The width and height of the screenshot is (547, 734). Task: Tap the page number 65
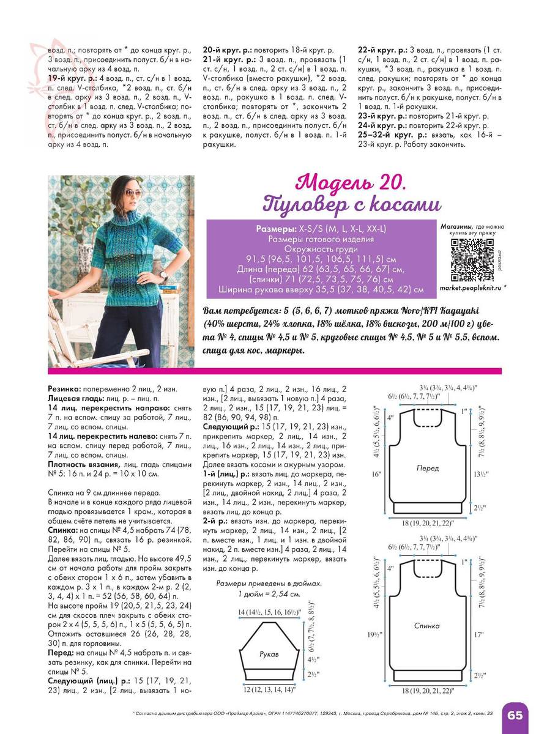pyautogui.click(x=514, y=715)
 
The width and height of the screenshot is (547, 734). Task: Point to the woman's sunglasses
pyautogui.click(x=136, y=193)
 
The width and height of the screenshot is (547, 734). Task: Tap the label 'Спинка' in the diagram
pyautogui.click(x=428, y=626)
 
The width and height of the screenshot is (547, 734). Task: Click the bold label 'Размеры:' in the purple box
pyautogui.click(x=277, y=229)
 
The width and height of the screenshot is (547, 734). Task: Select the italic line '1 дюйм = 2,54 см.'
pyautogui.click(x=269, y=594)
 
